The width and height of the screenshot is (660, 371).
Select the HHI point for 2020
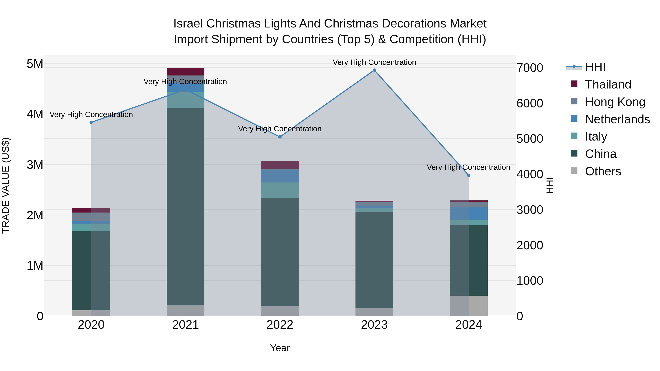coord(91,122)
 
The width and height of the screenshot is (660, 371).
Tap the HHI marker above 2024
coord(469,175)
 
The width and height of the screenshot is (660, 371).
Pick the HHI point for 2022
coord(280,137)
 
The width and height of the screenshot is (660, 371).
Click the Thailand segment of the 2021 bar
coord(186,72)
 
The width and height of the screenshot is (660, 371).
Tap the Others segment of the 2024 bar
coord(469,306)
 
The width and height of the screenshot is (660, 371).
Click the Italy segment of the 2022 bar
coord(280,190)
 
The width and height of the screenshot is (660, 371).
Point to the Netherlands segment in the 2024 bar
coord(469,214)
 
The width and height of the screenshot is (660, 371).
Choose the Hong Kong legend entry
coord(615,102)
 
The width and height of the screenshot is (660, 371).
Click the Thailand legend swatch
coord(574,84)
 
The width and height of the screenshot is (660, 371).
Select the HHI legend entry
coord(595,67)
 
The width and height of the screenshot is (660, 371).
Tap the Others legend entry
coord(603,171)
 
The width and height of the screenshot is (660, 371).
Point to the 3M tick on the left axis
coord(35,165)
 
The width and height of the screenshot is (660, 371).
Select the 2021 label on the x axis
coord(186,325)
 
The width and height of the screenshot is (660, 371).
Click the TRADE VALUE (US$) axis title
coord(6,185)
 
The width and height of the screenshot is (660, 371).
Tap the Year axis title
coord(280,348)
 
